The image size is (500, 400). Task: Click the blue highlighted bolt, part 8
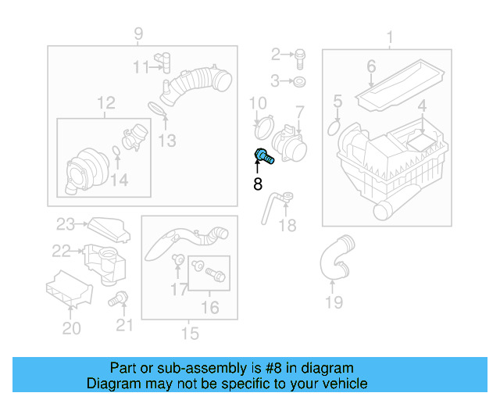(x=263, y=156)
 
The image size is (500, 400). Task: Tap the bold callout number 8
(x=258, y=184)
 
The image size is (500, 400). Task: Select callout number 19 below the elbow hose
(x=334, y=302)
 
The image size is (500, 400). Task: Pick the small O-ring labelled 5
(x=335, y=127)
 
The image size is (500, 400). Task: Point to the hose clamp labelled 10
(x=263, y=123)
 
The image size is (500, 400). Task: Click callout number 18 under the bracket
(x=287, y=225)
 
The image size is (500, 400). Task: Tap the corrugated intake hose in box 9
(x=202, y=84)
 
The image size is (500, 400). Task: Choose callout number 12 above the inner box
(x=105, y=102)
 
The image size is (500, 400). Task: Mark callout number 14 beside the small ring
(x=118, y=181)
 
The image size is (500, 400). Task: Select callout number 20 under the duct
(x=71, y=329)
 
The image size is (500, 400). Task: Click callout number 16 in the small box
(x=210, y=308)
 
